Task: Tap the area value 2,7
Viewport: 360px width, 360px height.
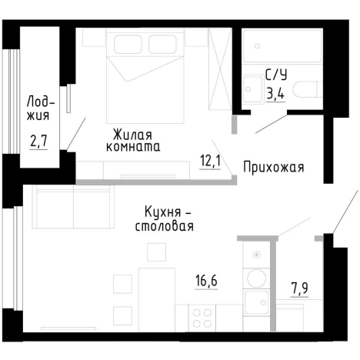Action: coord(37,142)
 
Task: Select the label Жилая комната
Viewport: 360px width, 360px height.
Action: coord(134,139)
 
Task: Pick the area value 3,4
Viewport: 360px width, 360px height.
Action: coord(274,95)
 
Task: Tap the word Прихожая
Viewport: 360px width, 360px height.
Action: coord(274,167)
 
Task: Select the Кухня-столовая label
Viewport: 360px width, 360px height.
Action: coord(164,218)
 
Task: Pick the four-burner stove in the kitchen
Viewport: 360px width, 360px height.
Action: coord(203,317)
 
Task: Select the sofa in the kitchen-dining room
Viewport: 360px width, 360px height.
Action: coord(62,207)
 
